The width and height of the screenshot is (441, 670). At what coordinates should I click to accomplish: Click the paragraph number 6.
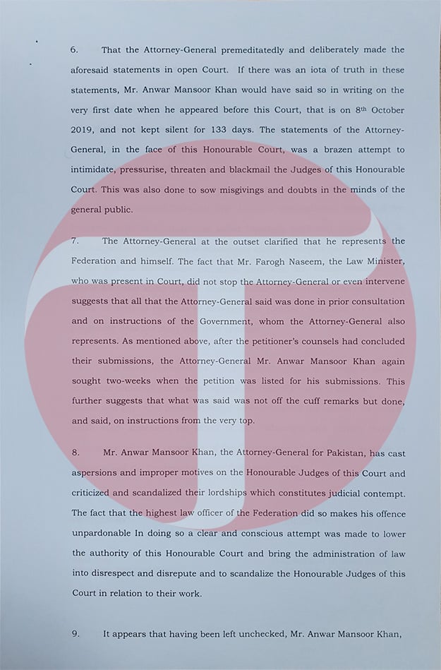[x=73, y=50]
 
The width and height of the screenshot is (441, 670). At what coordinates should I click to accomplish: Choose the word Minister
[x=380, y=261]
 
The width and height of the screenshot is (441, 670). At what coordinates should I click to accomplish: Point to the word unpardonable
[x=104, y=532]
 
